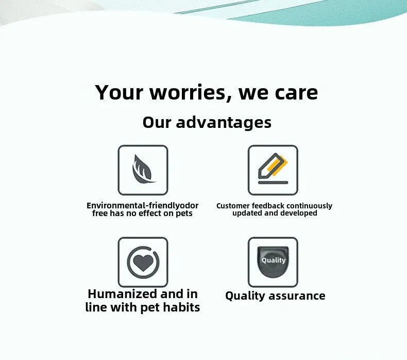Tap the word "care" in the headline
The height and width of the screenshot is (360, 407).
pos(296,93)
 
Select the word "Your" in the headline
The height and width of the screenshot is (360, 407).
pos(119,93)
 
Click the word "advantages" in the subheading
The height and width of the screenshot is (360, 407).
pos(224,123)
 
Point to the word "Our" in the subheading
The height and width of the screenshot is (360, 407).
pos(157,123)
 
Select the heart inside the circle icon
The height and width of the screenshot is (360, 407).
pos(143,263)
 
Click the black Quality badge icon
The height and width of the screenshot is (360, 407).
pos(273,262)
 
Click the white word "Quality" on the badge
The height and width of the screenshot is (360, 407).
pos(273,260)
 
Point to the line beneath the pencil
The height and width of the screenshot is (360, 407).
pos(273,182)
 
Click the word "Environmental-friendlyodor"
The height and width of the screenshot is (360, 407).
pos(143,206)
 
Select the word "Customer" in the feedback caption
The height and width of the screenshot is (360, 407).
pos(233,206)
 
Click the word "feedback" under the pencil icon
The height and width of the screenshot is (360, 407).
pos(268,206)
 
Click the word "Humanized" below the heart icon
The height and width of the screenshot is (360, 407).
pos(122,294)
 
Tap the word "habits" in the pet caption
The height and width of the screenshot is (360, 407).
pos(180,307)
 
